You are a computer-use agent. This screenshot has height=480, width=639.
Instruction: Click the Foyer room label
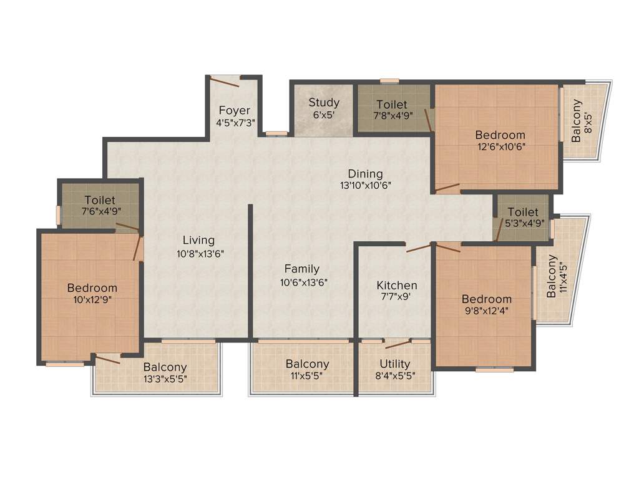234,111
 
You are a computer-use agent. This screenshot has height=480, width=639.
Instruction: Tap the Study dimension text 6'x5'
324,115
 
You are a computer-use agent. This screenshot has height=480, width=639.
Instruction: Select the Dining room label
366,174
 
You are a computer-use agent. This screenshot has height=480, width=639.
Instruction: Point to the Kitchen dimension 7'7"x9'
396,297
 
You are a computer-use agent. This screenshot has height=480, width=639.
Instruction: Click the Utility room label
395,364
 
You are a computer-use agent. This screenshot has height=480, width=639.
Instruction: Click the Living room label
198,240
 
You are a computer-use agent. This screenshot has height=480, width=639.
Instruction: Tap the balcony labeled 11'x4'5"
557,276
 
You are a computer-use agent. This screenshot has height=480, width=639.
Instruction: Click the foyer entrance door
225,81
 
